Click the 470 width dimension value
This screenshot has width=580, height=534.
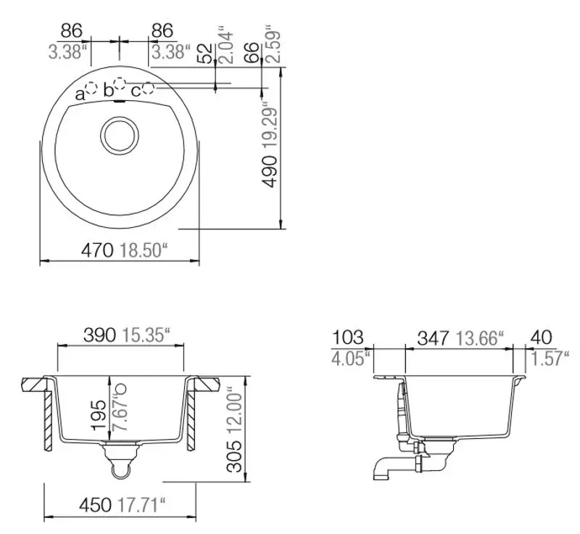pos(97,250)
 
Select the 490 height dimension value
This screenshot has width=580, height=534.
pos(270,171)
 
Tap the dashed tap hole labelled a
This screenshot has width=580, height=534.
pos(91,89)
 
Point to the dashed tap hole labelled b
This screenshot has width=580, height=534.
pos(120,83)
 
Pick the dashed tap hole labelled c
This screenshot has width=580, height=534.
pos(149,88)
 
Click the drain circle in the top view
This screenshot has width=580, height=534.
pos(120,135)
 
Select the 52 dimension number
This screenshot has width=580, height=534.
pos(207,53)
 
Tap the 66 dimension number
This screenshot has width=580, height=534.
pos(252,52)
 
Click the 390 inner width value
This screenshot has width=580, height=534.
pos(100,335)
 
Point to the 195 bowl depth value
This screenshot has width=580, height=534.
pos(100,414)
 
